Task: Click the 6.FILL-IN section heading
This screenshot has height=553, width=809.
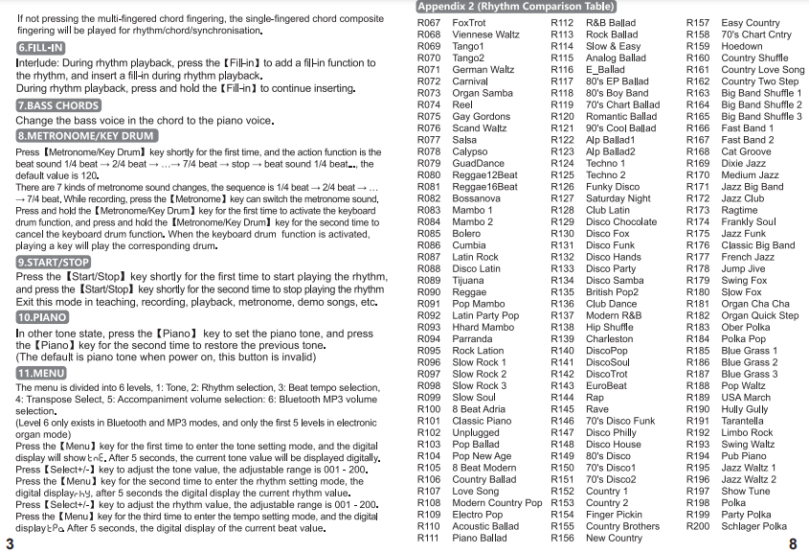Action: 41,47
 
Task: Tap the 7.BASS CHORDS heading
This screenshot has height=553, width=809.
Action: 57,105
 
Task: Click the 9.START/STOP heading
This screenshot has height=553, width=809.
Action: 55,261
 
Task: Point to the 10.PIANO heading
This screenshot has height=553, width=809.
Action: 42,317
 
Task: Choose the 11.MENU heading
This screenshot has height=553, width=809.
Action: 41,372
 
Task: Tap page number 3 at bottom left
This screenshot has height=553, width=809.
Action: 9,543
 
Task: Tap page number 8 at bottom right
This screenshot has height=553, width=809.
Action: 793,543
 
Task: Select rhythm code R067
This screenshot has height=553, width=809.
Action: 429,23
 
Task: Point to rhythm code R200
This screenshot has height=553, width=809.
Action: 698,526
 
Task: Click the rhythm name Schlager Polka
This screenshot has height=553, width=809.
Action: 753,526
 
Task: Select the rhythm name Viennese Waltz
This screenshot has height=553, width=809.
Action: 485,35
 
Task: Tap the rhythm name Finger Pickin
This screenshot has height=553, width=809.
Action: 614,515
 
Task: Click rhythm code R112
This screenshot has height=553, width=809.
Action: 562,23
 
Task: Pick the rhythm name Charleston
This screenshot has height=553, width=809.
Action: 609,339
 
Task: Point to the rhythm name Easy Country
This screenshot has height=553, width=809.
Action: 750,23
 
